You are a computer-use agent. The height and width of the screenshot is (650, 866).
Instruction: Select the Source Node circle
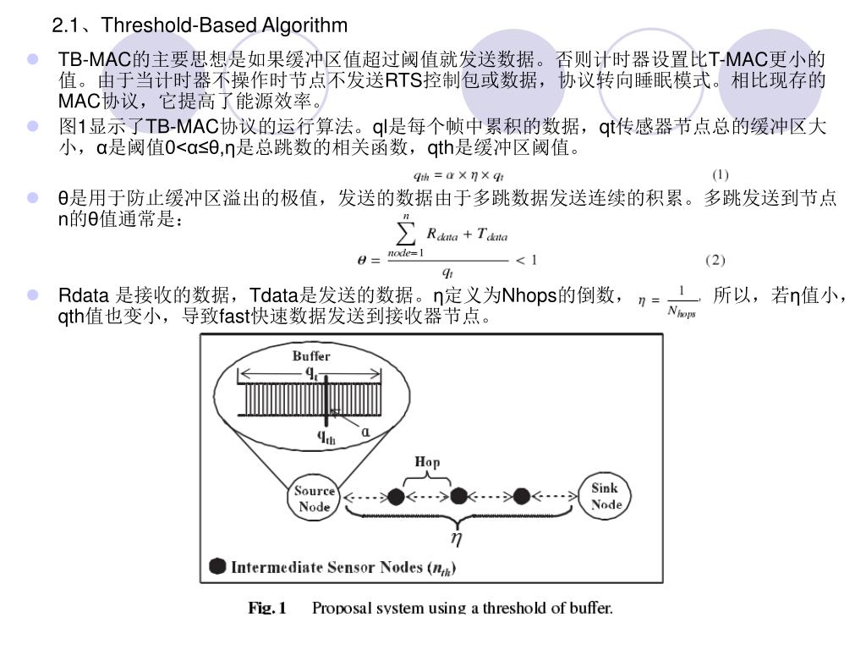pyautogui.click(x=315, y=498)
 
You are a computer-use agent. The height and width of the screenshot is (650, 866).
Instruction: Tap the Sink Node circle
pyautogui.click(x=606, y=496)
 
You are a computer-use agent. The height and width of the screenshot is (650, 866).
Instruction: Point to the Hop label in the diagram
pyautogui.click(x=427, y=462)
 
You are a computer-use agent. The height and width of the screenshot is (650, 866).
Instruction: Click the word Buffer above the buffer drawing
pyautogui.click(x=311, y=356)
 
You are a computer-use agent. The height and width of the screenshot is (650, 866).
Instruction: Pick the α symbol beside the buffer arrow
pyautogui.click(x=365, y=431)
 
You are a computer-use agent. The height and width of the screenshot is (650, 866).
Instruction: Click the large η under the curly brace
pyautogui.click(x=455, y=537)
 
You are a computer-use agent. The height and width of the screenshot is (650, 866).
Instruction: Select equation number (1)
pyautogui.click(x=720, y=175)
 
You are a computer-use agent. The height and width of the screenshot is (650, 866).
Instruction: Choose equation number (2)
pyautogui.click(x=715, y=259)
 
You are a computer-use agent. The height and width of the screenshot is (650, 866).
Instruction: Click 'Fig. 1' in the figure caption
pyautogui.click(x=267, y=608)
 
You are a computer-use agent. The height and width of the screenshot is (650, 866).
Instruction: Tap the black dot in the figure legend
pyautogui.click(x=217, y=566)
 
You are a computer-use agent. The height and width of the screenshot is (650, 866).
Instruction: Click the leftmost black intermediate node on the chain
pyautogui.click(x=395, y=496)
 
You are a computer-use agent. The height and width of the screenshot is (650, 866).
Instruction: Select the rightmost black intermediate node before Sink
pyautogui.click(x=522, y=496)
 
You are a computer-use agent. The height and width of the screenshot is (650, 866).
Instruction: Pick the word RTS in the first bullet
pyautogui.click(x=404, y=81)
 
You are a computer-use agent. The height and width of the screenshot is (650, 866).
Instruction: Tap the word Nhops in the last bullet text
pyautogui.click(x=529, y=295)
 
